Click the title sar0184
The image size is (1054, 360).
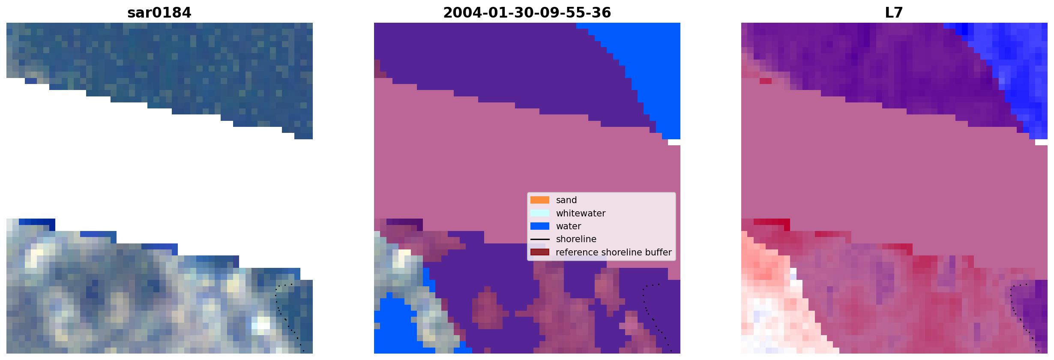(159, 13)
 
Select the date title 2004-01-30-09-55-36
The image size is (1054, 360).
(527, 13)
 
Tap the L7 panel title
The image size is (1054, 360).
(894, 13)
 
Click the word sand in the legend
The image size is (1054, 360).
(566, 200)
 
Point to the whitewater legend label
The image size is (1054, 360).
(581, 213)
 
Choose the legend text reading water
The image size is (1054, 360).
(569, 226)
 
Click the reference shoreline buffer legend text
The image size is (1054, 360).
(614, 252)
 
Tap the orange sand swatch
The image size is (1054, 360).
(540, 200)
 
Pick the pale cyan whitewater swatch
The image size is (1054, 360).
(540, 213)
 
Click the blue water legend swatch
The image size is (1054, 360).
(540, 226)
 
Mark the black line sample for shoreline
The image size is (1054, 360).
(540, 239)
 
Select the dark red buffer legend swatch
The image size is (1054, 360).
(540, 252)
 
